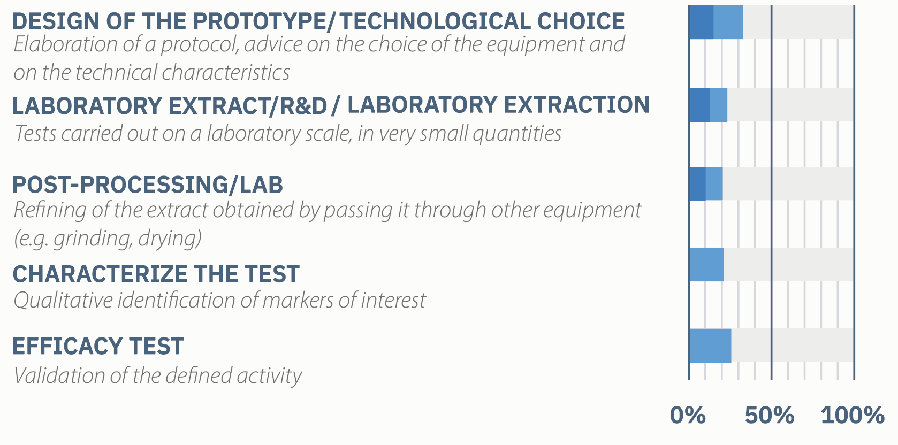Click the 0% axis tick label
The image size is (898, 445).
688,415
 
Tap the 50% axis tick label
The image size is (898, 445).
770,415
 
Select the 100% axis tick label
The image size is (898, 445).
853,415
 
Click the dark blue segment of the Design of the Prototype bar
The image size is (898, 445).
701,22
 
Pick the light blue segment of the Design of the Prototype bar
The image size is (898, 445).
728,22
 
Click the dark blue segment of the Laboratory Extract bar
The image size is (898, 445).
699,105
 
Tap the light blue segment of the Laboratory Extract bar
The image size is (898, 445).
718,105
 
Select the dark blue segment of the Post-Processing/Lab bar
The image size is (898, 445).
697,183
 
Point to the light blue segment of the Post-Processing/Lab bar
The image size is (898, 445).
714,183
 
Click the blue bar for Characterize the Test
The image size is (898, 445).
706,264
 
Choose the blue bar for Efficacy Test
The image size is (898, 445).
710,346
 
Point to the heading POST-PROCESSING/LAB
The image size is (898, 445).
148,185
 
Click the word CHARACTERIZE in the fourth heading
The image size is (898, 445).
100,274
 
